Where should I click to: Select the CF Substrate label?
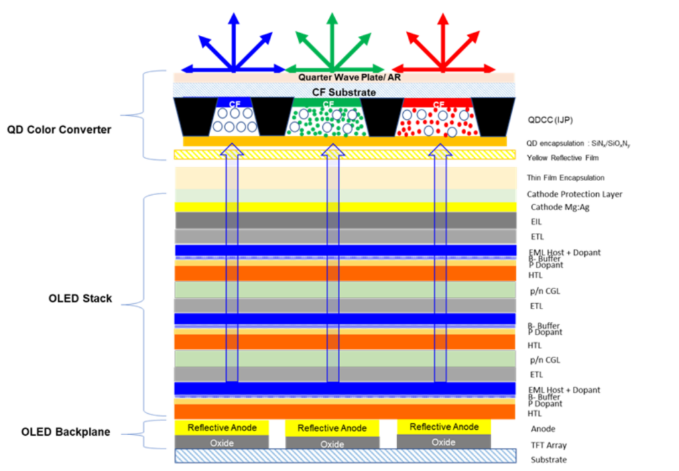click(343, 92)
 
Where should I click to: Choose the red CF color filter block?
click(438, 118)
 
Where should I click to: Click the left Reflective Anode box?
click(221, 428)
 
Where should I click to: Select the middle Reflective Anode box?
click(332, 429)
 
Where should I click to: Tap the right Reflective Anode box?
click(444, 427)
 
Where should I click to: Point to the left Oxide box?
click(221, 442)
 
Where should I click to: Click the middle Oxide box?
click(332, 444)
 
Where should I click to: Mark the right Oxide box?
click(444, 442)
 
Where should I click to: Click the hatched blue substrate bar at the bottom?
click(345, 456)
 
